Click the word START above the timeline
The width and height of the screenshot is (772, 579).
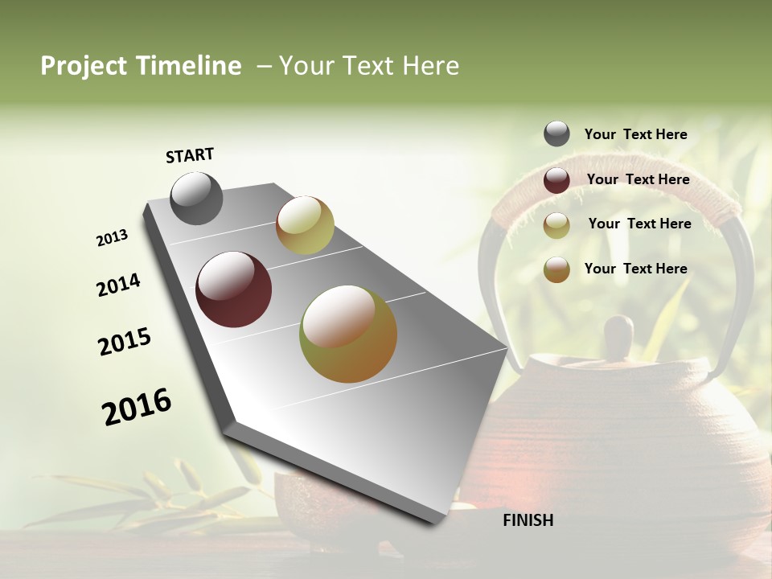[x=190, y=155]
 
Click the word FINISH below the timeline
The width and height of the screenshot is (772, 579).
[x=528, y=520]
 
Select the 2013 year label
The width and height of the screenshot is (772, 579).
[x=113, y=238]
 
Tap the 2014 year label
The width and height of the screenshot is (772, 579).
[x=118, y=285]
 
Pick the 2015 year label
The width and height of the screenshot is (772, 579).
[x=125, y=343]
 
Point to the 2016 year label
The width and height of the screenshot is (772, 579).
[x=137, y=406]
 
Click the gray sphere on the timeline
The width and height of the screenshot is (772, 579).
[x=196, y=198]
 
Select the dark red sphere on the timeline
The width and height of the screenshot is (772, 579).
[x=233, y=289]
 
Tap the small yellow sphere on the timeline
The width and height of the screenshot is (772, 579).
[x=305, y=225]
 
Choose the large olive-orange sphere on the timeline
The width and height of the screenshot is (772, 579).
[x=348, y=334]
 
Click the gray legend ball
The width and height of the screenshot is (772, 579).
[x=556, y=133]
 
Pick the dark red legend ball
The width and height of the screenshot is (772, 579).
[x=556, y=180]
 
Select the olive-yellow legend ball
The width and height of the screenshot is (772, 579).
[x=556, y=225]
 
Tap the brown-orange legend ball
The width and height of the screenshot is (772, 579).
[x=556, y=269]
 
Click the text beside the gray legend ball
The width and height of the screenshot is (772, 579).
[x=635, y=134]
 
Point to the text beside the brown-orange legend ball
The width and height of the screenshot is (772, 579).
[x=635, y=269]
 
